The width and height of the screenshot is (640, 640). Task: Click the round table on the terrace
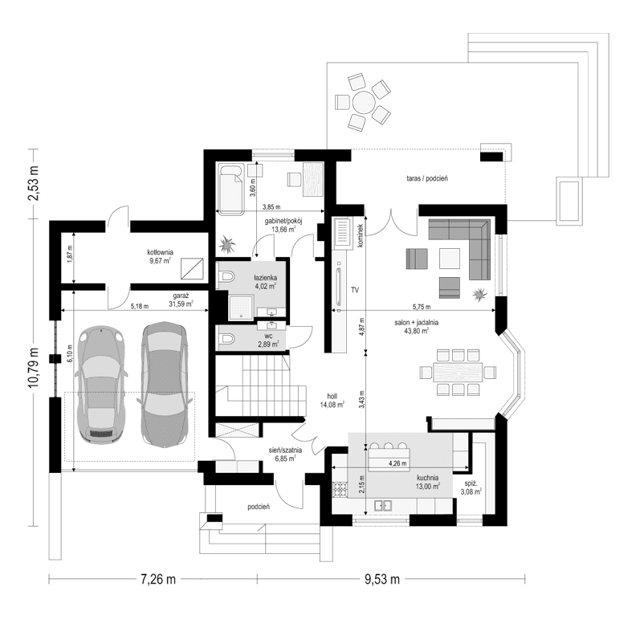364,102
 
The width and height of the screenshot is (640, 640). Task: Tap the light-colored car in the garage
103,384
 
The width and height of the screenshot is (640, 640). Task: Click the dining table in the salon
455,371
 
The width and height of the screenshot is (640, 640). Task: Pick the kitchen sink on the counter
385,505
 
